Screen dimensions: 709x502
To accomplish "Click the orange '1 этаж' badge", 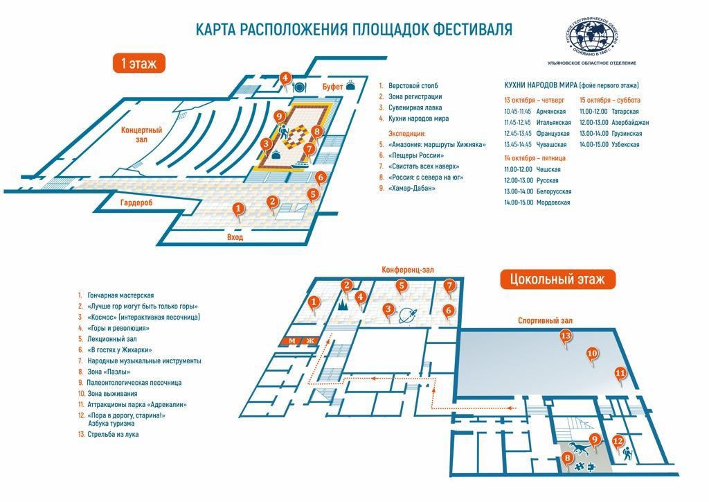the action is [x=138, y=63].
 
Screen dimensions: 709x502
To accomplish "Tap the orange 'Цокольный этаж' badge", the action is [x=557, y=279].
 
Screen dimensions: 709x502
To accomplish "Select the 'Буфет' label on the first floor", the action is [x=332, y=86].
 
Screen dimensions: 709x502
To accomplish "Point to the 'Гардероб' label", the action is [x=136, y=202].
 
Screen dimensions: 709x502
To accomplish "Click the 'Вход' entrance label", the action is [x=235, y=237].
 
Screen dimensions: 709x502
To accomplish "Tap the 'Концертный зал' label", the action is [x=141, y=135].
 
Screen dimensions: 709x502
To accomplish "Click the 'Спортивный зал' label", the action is [x=545, y=320].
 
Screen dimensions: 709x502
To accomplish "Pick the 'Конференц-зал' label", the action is [x=407, y=270].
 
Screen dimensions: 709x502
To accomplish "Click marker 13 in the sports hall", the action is [x=565, y=337].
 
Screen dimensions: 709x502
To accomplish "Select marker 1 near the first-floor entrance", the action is [x=238, y=209].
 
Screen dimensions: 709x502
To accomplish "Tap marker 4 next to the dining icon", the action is [x=285, y=79].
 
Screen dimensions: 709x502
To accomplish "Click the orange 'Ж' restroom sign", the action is [x=310, y=341].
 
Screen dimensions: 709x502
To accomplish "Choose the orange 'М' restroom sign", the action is [x=292, y=341].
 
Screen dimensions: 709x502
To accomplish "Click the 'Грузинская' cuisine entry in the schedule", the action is [x=627, y=134].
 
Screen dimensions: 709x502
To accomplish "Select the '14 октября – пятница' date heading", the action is [x=535, y=158].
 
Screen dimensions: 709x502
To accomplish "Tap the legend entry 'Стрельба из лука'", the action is [x=113, y=435].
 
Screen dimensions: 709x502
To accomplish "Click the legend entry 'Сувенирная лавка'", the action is [x=415, y=107].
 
